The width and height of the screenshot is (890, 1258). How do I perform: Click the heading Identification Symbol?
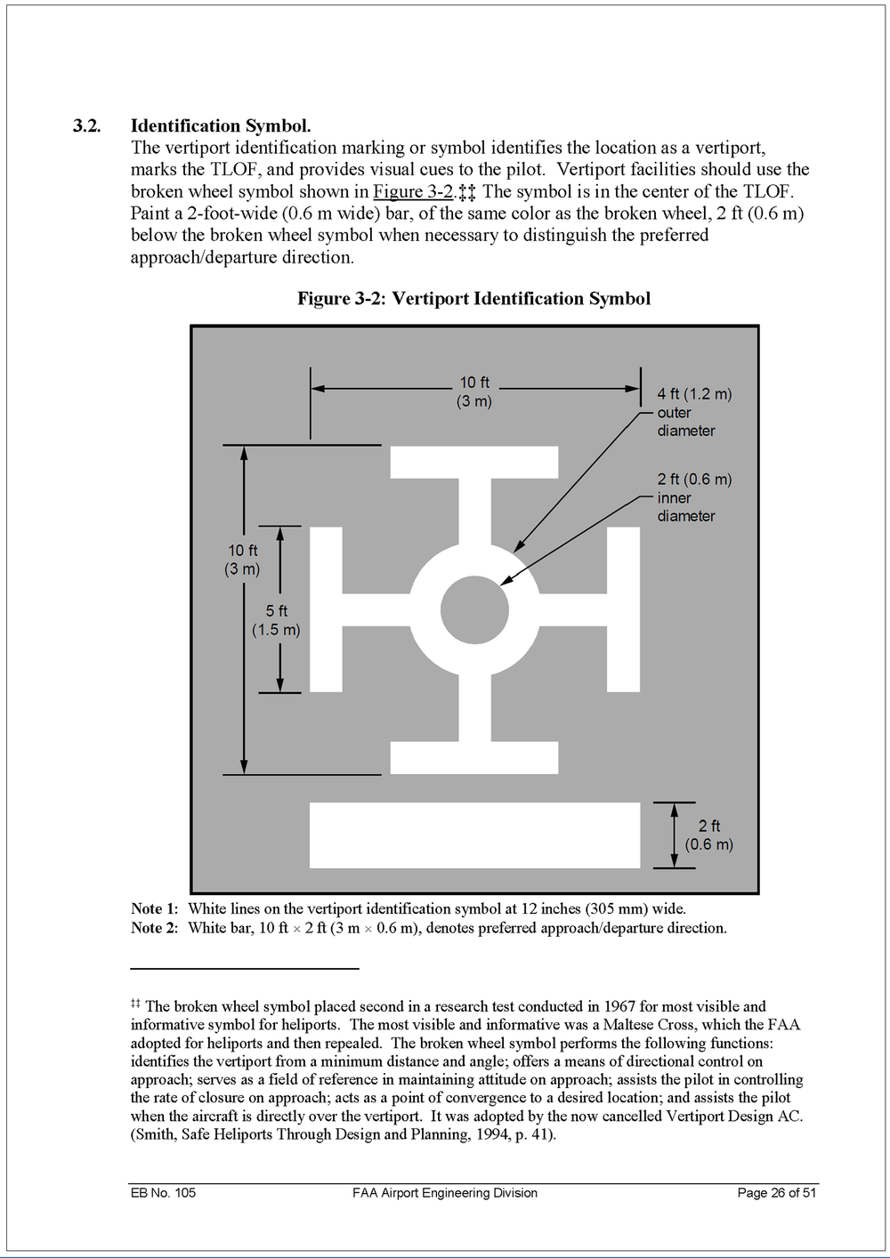coord(220,126)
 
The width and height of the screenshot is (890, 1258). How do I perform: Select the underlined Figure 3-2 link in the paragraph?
coord(413,191)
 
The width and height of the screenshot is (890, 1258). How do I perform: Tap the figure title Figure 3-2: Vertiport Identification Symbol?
coord(473,299)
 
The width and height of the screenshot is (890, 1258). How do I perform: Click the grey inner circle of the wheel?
coord(474,610)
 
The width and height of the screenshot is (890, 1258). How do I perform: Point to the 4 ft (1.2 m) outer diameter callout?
coord(694,412)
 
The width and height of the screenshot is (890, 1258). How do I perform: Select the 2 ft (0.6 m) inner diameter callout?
coord(694,497)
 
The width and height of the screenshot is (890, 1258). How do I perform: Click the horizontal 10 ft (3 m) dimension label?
coord(474,391)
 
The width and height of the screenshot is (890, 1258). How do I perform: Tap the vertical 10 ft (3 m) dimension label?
coord(242,560)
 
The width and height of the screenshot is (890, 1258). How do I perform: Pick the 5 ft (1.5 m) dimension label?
coord(277,620)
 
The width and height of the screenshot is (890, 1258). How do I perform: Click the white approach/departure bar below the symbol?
coord(474,835)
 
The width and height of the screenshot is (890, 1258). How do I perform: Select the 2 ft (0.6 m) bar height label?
coord(709,835)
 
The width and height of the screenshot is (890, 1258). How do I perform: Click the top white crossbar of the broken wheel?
coord(474,463)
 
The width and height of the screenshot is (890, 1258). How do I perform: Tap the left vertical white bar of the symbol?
coord(326,609)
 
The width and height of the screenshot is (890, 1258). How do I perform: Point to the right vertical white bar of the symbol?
coord(623,609)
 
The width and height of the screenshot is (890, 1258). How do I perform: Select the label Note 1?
coord(154,909)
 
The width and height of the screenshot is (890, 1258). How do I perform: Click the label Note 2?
coord(154,929)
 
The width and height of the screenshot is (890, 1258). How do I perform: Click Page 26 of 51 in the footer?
coord(777,1193)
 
